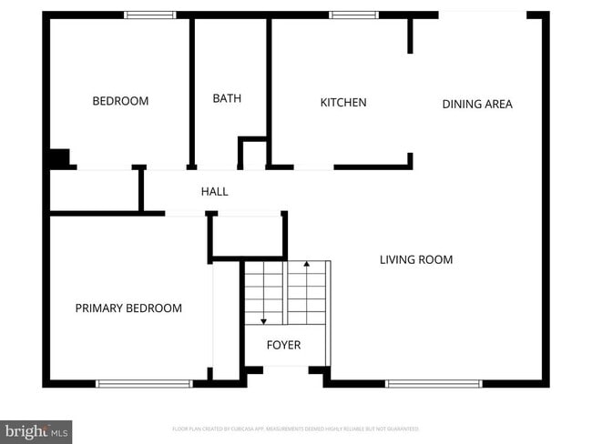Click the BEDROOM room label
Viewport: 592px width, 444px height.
(120, 101)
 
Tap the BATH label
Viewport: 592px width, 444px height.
(227, 98)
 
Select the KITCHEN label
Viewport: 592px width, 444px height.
(343, 102)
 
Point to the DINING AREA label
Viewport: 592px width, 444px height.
(477, 104)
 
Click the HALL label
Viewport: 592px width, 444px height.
(215, 191)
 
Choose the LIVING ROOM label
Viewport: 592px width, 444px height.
(416, 259)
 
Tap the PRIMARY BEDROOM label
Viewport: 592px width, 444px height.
(128, 308)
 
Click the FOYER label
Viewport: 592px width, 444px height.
(283, 345)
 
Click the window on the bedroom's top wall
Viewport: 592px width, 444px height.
(150, 15)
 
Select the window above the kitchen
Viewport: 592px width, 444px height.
(353, 15)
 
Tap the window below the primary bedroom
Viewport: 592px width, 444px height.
(144, 383)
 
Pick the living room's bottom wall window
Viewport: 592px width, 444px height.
(434, 383)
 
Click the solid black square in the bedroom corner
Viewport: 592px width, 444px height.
(59, 157)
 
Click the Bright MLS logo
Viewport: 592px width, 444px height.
(36, 430)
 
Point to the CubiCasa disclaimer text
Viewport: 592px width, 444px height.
(296, 429)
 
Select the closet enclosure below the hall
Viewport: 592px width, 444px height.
(248, 236)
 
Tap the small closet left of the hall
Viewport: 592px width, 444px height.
(95, 190)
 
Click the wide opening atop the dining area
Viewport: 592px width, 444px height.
(483, 14)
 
